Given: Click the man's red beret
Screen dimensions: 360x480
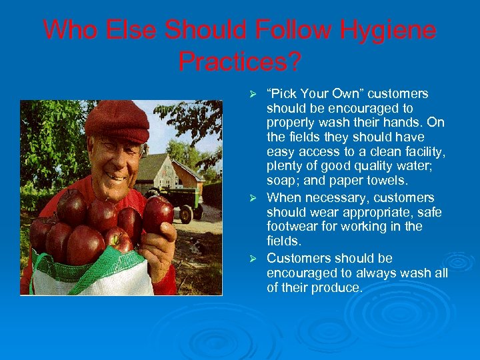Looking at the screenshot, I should click(117, 120).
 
